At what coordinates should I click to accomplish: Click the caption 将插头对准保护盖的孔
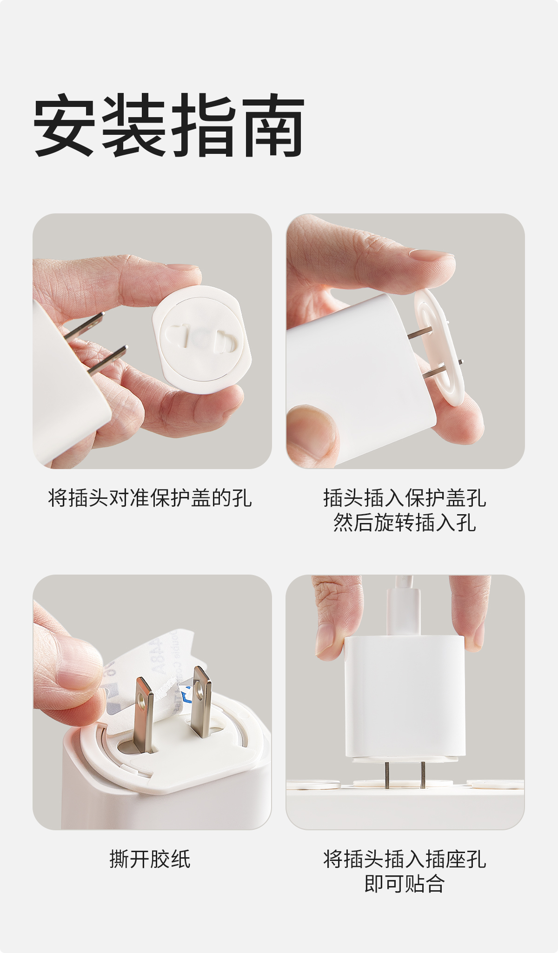click(x=150, y=498)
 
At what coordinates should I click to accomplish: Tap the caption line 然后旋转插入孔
click(x=405, y=523)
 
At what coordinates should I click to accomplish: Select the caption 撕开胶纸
click(x=150, y=859)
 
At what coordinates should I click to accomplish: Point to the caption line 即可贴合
click(x=405, y=884)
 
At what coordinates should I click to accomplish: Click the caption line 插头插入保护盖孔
click(x=405, y=498)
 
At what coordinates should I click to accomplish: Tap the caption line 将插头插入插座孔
click(x=405, y=859)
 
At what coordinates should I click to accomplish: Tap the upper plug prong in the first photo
click(x=85, y=325)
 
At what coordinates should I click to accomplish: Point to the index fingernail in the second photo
click(x=431, y=255)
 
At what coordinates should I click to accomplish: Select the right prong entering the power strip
click(x=422, y=774)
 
